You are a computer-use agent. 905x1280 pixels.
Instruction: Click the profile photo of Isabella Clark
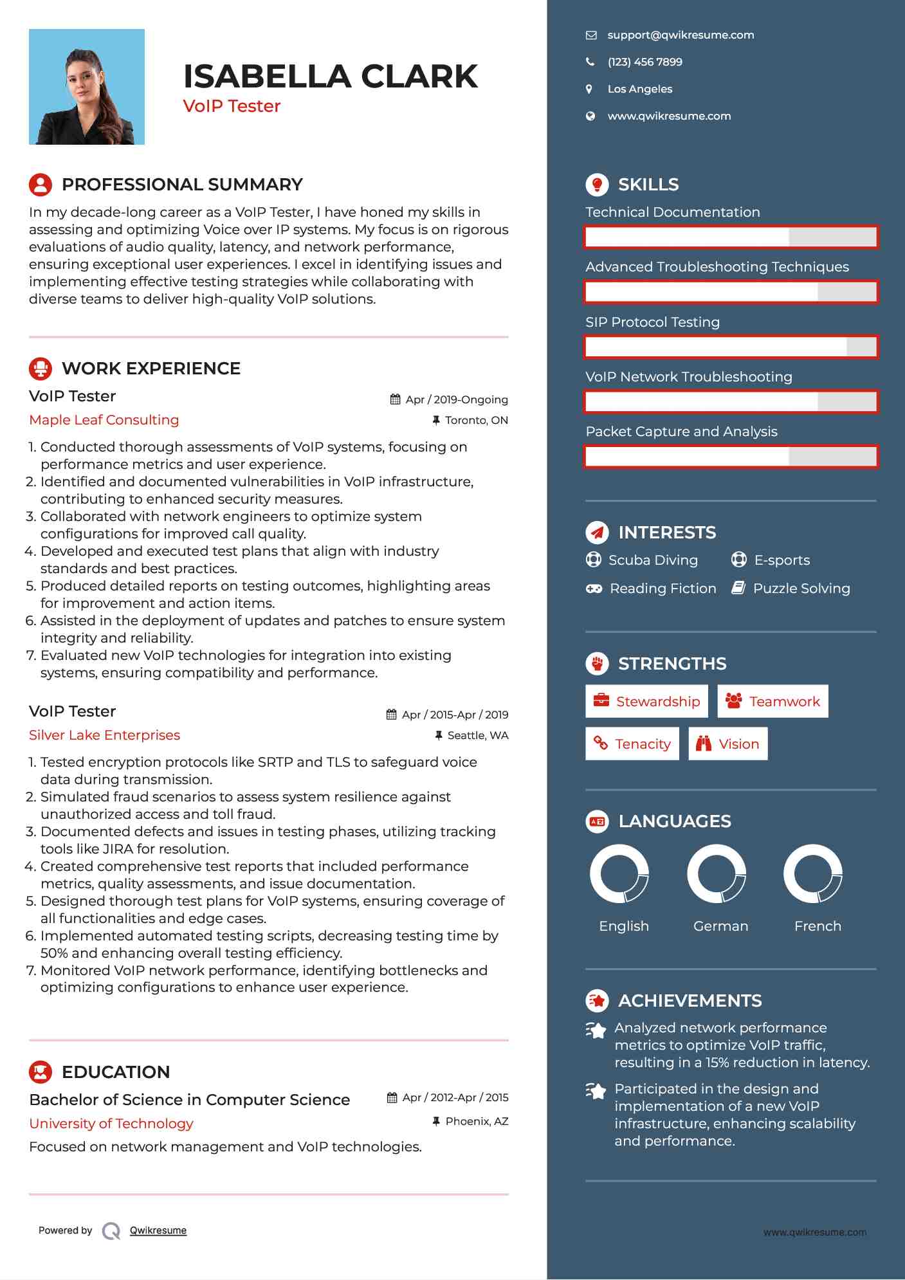click(87, 87)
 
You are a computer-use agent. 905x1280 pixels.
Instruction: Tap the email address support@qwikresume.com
click(681, 35)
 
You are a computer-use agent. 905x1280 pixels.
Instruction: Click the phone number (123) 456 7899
click(644, 62)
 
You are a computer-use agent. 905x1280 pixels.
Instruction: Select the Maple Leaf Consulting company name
click(104, 420)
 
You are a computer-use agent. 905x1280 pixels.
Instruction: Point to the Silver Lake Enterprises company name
click(104, 735)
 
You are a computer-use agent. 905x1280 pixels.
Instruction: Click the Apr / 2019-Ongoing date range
click(456, 399)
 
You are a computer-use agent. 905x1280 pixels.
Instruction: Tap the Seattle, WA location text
click(477, 735)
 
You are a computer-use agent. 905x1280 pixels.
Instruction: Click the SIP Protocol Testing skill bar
click(731, 347)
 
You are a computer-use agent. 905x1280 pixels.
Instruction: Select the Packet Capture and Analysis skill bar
click(731, 457)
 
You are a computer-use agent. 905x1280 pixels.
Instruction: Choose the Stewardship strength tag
click(646, 701)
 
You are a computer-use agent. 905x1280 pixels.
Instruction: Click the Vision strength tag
click(728, 744)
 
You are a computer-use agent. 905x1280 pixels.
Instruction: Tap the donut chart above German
click(717, 874)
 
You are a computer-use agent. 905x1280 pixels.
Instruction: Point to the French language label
click(818, 926)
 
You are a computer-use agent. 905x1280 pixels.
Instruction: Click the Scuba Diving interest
click(653, 560)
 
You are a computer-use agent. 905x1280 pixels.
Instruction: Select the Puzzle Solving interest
click(801, 589)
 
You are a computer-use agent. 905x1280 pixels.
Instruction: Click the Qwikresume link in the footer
click(158, 1230)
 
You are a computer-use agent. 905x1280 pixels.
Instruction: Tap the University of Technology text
click(111, 1124)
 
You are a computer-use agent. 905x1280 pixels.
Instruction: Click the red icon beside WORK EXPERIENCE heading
click(41, 369)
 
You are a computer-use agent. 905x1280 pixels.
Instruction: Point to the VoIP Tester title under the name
click(232, 106)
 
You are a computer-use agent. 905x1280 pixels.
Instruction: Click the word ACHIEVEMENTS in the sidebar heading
click(690, 1001)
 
